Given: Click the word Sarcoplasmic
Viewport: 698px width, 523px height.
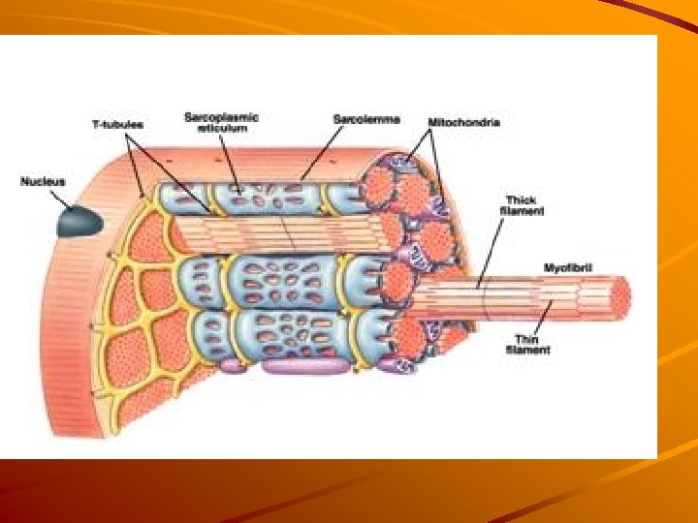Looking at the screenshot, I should click(222, 117).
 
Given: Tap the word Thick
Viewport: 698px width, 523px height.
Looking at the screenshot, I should click(522, 200).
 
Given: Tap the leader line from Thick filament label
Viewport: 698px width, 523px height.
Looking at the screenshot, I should click(490, 252).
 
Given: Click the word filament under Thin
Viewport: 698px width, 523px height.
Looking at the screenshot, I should click(528, 350).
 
